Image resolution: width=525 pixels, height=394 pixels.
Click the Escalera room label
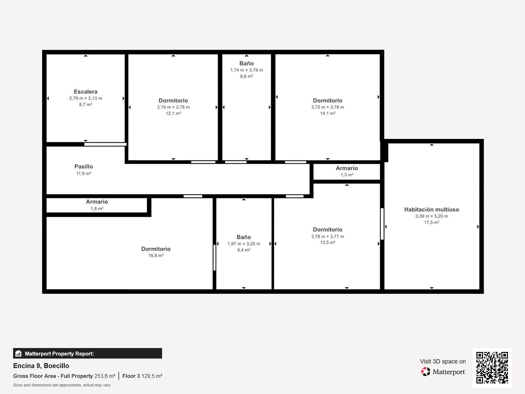click(x=85, y=92)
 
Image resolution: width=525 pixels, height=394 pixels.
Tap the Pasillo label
click(x=83, y=167)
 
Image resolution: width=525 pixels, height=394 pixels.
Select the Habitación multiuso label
click(x=432, y=209)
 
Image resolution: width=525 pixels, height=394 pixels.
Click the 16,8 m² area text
click(x=156, y=256)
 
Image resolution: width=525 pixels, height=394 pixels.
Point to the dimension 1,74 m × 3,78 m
click(x=246, y=70)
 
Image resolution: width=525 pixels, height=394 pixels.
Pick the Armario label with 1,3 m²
click(x=346, y=168)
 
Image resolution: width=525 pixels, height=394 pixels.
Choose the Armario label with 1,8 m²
click(x=97, y=202)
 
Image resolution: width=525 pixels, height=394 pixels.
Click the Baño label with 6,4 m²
click(x=244, y=237)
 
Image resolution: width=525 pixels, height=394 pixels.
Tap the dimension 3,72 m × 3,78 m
click(x=328, y=107)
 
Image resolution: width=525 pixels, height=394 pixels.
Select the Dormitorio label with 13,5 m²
click(x=328, y=230)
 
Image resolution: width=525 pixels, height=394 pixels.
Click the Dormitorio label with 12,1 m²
click(x=173, y=101)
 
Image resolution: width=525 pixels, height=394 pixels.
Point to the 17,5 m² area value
click(x=432, y=222)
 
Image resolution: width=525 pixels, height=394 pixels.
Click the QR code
click(x=492, y=367)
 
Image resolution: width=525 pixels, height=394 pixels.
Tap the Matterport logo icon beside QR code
click(x=426, y=372)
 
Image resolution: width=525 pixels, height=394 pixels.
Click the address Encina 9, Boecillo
click(x=41, y=366)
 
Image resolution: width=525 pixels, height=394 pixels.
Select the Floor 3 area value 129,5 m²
click(x=152, y=376)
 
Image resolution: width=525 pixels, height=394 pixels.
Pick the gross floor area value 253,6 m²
click(x=105, y=376)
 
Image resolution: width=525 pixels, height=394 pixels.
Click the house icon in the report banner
click(x=19, y=353)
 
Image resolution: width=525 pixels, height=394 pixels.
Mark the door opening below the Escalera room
click(x=105, y=144)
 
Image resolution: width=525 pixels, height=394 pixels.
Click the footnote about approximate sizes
click(x=62, y=385)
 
